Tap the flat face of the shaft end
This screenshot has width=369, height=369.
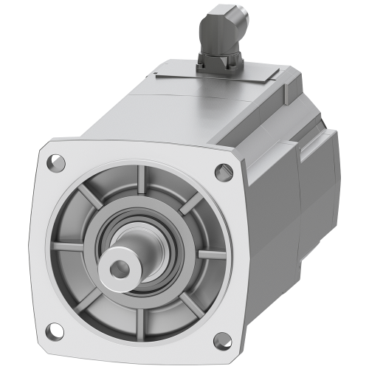point(125,261)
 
